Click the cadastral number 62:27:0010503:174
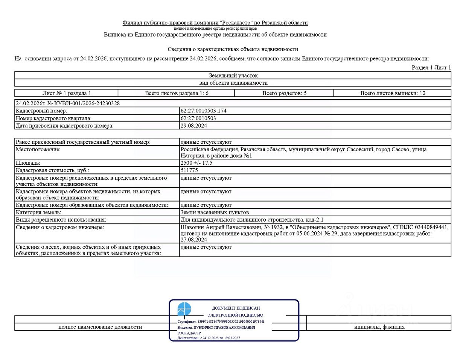tap(203, 111)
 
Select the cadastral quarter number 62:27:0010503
tap(198, 118)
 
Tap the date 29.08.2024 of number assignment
tap(193, 126)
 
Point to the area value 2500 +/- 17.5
tap(196, 163)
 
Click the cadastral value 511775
tap(189, 170)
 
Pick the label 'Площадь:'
tap(28, 163)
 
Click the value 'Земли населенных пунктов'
tap(215, 213)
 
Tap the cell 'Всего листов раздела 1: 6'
tap(177, 93)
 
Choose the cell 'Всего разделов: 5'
tap(284, 93)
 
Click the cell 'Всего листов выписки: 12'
tap(393, 93)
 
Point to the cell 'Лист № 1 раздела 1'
tap(67, 93)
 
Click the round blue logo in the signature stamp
tap(184, 309)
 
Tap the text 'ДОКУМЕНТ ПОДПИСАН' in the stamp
tap(236, 308)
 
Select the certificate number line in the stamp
tap(221, 322)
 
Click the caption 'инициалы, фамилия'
tap(379, 327)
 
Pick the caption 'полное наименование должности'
tap(100, 327)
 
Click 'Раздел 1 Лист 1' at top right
tap(431, 68)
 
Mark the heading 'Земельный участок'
tap(233, 76)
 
